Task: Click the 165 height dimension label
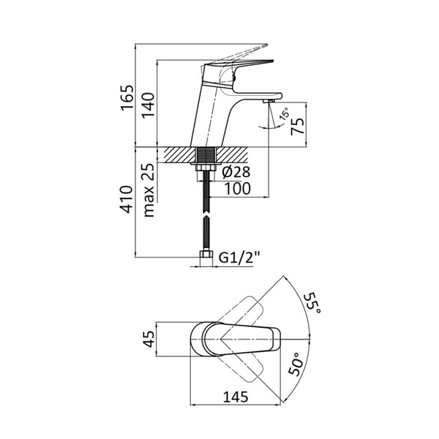point(127,98)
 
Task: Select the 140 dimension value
point(148,105)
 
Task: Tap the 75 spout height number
point(297,126)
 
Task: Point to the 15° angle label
point(285,114)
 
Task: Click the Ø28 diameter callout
point(236,172)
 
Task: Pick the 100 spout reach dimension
point(237,189)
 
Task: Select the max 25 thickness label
point(149,190)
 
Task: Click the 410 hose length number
point(126,199)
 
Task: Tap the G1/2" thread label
point(239,258)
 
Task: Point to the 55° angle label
point(313,304)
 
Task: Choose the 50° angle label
point(296,364)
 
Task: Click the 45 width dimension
point(150,339)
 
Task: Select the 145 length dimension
point(236,397)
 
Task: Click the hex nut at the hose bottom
point(206,255)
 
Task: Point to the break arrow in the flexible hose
point(206,218)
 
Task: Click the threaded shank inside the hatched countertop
point(206,154)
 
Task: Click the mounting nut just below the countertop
point(206,168)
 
